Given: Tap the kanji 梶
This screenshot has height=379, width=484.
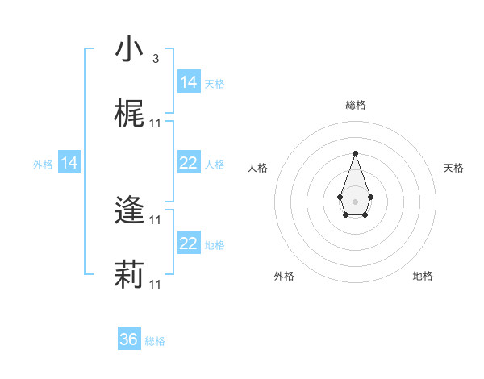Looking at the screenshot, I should (129, 114).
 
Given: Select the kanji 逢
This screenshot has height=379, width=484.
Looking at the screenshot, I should (129, 211).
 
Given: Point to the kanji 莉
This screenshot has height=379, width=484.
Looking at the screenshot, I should (129, 274).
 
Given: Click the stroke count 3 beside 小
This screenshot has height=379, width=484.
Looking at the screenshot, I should (156, 59).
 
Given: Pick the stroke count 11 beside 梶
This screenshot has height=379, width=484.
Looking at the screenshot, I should (156, 123).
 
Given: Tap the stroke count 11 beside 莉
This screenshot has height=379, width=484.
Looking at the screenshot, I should (156, 284).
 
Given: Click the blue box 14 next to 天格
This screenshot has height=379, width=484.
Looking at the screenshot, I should (189, 81).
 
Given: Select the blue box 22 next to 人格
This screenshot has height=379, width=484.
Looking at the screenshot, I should (189, 163).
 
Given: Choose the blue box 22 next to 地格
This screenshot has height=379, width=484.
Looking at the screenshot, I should (189, 244).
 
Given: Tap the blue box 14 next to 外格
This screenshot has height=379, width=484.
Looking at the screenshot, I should (69, 163).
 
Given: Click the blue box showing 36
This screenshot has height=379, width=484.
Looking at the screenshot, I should (129, 339).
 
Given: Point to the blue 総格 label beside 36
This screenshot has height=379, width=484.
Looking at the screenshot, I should (155, 341).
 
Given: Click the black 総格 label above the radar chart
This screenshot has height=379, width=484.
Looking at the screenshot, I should (356, 105).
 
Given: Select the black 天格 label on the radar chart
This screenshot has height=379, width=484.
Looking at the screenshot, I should (454, 168).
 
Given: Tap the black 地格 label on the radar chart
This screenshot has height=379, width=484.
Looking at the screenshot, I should (423, 276).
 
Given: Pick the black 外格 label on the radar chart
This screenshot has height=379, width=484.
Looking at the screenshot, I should (284, 276).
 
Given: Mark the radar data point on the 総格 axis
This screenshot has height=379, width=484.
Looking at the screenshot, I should (355, 153).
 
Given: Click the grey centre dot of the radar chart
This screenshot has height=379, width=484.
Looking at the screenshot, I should (355, 201).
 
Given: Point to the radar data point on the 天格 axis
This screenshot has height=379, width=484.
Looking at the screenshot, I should (370, 196).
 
